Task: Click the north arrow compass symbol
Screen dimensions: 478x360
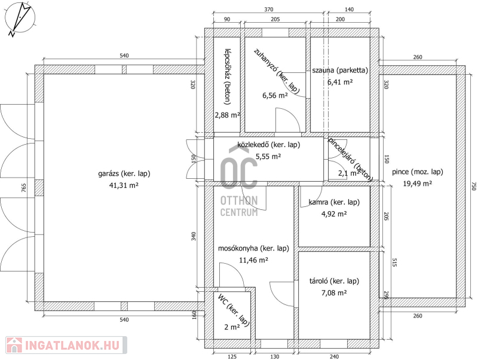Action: (x=20, y=19)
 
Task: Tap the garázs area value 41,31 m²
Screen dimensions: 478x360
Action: (x=124, y=185)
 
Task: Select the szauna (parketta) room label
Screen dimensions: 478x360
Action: (x=340, y=70)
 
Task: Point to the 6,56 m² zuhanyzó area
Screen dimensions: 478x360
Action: (x=275, y=96)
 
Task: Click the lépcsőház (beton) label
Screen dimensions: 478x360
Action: (x=228, y=77)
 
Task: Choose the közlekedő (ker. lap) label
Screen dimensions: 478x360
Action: (x=268, y=145)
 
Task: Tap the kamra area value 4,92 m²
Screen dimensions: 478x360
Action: (x=334, y=214)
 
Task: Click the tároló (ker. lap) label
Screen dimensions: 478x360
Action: (x=334, y=281)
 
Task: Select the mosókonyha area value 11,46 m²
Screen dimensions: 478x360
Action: (x=253, y=260)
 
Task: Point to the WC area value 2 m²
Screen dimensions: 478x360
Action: (x=232, y=327)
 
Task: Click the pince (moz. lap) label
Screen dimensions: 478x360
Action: (x=417, y=172)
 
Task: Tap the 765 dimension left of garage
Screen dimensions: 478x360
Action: (x=24, y=188)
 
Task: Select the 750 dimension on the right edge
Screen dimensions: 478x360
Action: (x=473, y=187)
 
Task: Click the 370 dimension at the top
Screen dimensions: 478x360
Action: (x=268, y=10)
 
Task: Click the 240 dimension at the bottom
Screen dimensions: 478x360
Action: (x=334, y=356)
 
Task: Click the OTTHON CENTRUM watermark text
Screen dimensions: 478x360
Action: (x=239, y=206)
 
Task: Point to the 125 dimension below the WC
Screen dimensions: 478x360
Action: (x=232, y=356)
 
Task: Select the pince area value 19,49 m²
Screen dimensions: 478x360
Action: (x=417, y=184)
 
